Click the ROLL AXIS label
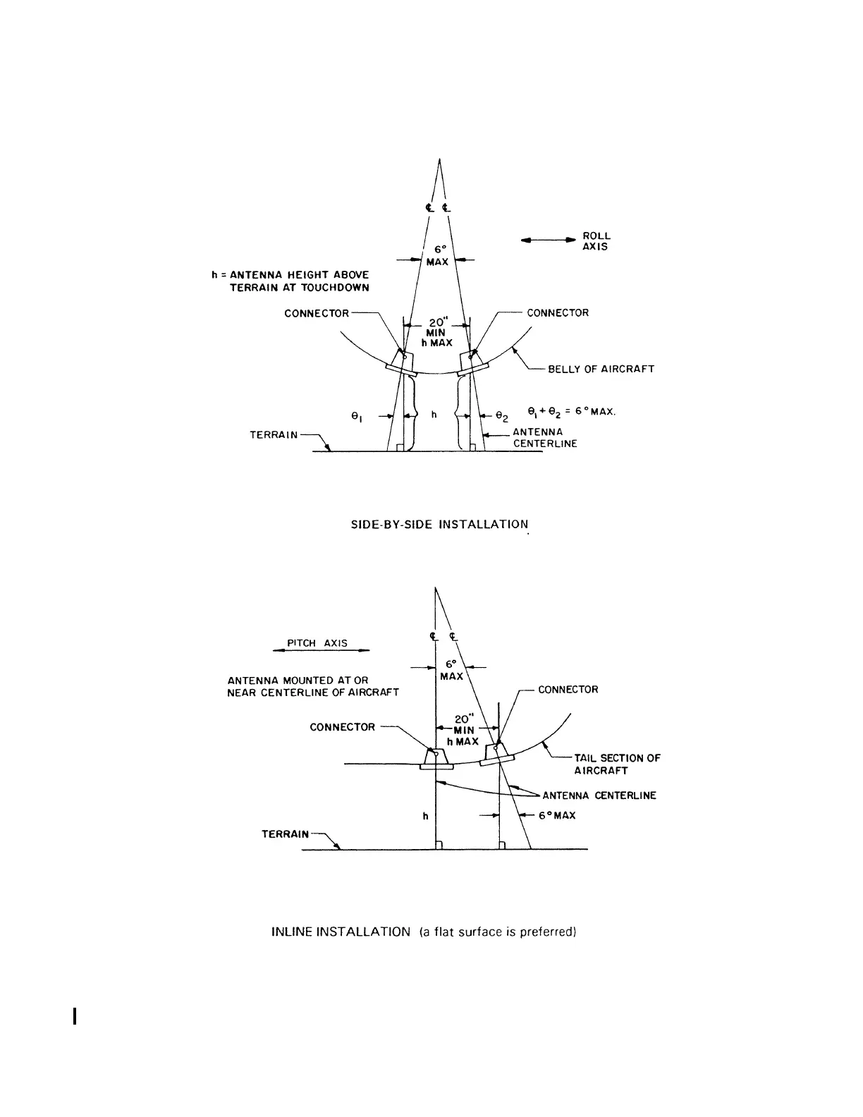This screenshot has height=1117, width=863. click(596, 241)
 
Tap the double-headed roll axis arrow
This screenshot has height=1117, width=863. click(549, 240)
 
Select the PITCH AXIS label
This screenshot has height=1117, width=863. click(317, 643)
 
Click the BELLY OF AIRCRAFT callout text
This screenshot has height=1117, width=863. click(601, 369)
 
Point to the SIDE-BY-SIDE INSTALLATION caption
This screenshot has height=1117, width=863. click(439, 525)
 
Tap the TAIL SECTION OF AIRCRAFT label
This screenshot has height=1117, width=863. click(617, 764)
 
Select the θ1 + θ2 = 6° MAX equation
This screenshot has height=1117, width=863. click(571, 411)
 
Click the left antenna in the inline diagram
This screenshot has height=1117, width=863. click(436, 758)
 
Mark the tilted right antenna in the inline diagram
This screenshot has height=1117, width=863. click(498, 755)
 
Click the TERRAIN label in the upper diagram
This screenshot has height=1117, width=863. click(274, 435)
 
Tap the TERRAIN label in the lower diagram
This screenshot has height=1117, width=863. click(286, 834)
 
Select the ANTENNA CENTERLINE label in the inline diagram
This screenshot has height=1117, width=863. click(599, 795)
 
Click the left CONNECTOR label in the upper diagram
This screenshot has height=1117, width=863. click(317, 313)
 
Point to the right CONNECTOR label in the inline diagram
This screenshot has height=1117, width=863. click(568, 690)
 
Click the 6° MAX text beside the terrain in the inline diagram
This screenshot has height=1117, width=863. click(557, 815)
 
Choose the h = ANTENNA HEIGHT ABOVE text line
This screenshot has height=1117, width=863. click(290, 274)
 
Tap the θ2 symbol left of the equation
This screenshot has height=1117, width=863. click(501, 416)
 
